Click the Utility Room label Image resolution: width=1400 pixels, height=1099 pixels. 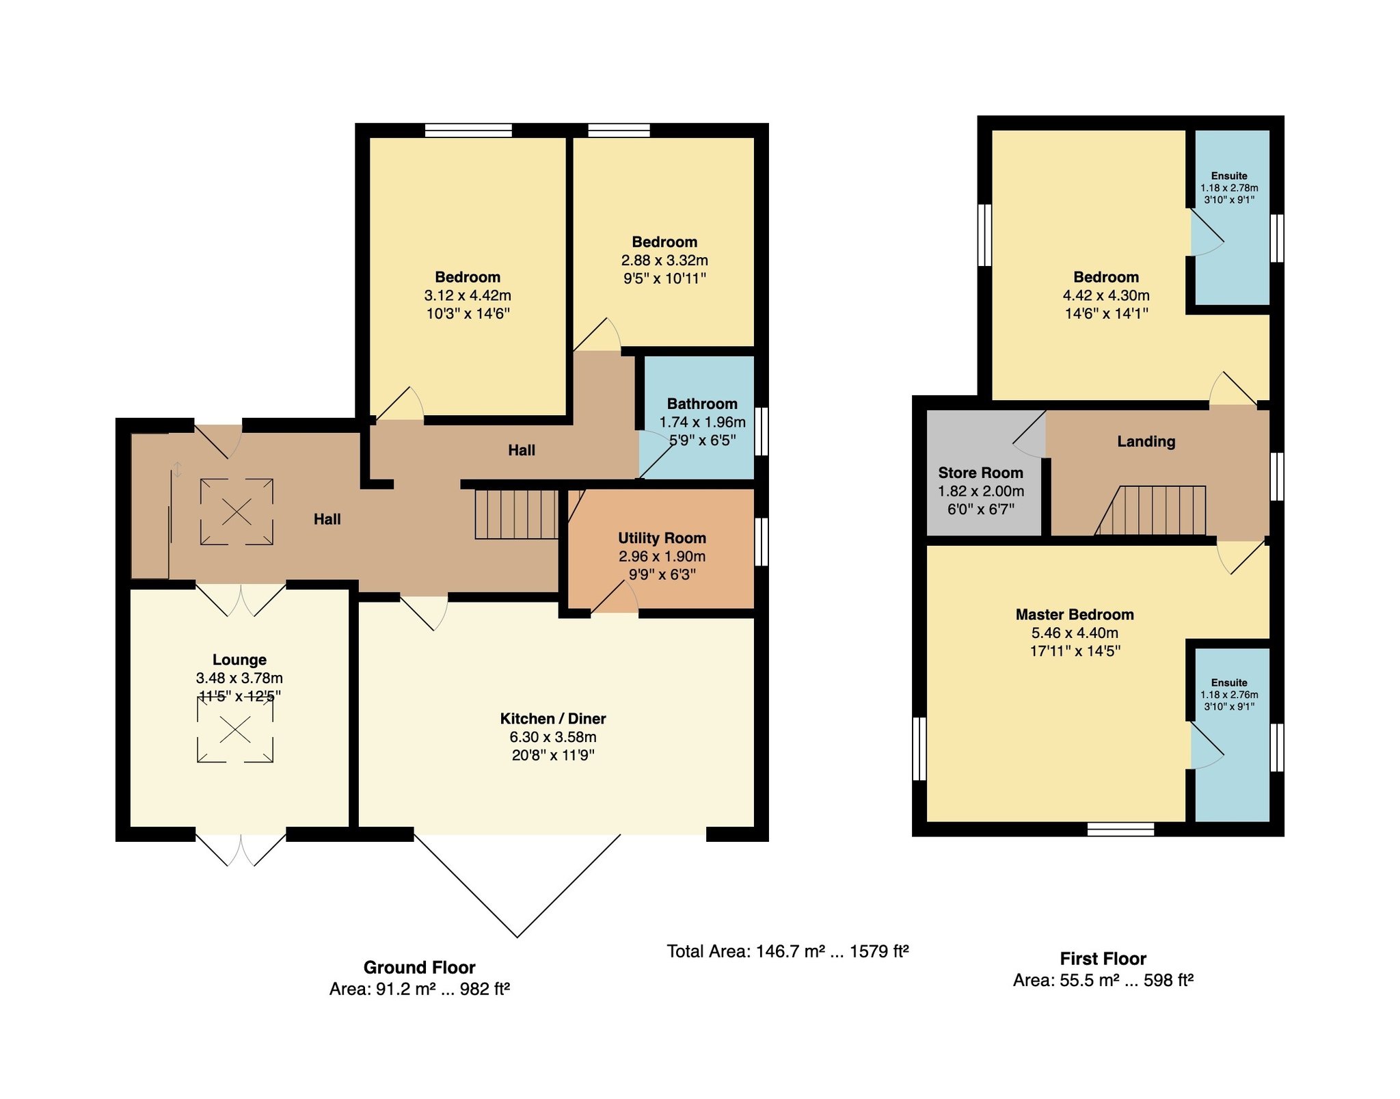(x=662, y=538)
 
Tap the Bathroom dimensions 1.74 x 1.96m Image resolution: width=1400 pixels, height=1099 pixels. (x=702, y=423)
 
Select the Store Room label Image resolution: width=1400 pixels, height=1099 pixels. (x=980, y=473)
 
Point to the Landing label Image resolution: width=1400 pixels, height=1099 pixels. (x=1146, y=442)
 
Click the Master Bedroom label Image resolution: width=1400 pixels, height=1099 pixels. (x=1075, y=614)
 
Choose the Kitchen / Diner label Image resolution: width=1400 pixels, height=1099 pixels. (x=553, y=719)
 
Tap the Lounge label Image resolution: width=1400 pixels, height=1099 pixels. (x=239, y=660)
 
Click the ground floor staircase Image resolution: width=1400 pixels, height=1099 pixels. (x=517, y=514)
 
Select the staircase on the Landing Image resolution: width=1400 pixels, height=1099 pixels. (x=1150, y=510)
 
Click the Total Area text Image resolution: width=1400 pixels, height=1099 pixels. (x=787, y=951)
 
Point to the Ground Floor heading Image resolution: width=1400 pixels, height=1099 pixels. (x=419, y=967)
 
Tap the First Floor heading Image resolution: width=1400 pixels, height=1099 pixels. (x=1103, y=958)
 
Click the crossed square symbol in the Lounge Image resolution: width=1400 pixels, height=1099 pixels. (x=235, y=730)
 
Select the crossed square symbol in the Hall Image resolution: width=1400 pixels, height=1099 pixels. (x=237, y=512)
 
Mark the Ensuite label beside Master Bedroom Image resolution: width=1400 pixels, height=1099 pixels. (x=1229, y=683)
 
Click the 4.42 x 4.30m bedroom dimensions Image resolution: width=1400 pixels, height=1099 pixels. (x=1106, y=295)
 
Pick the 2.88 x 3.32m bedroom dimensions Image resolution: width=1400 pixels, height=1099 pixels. (x=664, y=261)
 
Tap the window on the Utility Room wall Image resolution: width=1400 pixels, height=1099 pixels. (x=761, y=542)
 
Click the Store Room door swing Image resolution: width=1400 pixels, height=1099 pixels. (x=1029, y=434)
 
